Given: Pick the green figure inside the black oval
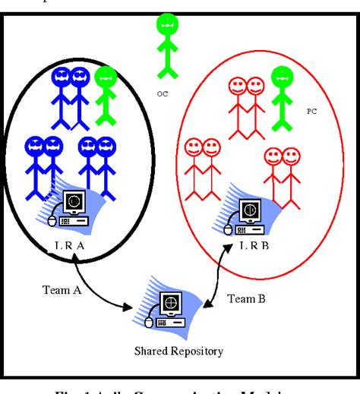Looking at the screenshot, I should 106,94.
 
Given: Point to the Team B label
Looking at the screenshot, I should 247,299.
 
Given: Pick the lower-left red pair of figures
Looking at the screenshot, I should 200,170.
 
